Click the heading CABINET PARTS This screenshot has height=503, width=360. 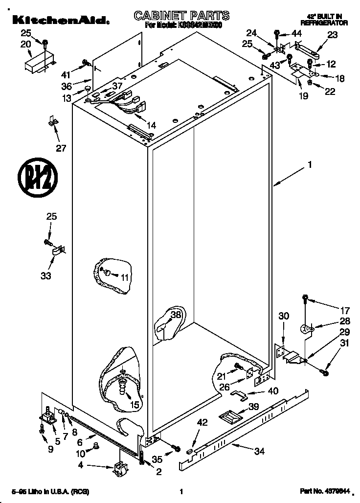[x=181, y=16]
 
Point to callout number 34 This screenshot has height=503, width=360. [x=259, y=452]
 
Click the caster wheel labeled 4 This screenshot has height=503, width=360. [x=119, y=469]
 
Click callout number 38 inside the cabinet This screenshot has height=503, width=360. [x=176, y=315]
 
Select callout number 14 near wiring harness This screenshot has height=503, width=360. [x=151, y=126]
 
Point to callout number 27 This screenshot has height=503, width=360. [x=60, y=149]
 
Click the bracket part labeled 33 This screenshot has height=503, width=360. [x=58, y=251]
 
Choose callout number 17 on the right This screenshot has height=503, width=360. [x=345, y=310]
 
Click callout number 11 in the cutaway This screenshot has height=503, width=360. [x=125, y=277]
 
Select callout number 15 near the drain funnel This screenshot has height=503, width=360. [x=135, y=404]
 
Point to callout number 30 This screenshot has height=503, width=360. [x=284, y=317]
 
